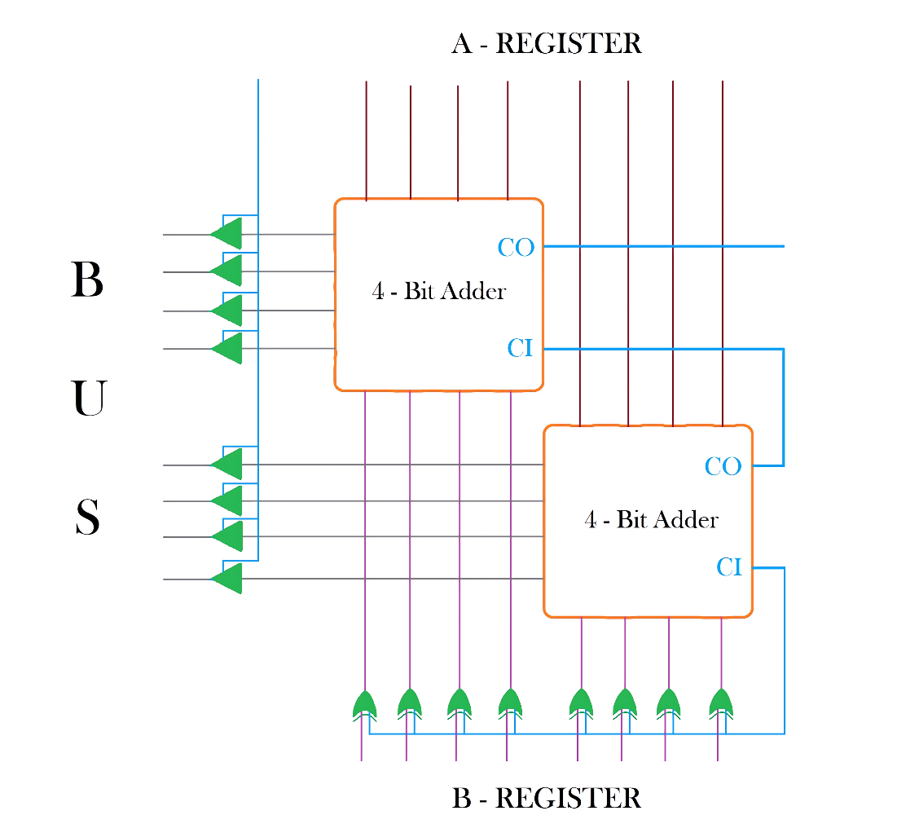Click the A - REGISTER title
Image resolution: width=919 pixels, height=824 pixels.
click(x=547, y=43)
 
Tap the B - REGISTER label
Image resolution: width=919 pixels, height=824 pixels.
click(x=546, y=798)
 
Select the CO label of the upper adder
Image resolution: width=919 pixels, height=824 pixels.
click(x=516, y=247)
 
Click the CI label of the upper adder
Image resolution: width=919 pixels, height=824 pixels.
click(x=520, y=349)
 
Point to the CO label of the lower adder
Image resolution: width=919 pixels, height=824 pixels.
click(x=723, y=467)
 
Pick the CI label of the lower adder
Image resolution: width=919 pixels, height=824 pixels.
click(x=729, y=567)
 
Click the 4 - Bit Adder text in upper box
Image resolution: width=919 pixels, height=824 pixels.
click(x=439, y=292)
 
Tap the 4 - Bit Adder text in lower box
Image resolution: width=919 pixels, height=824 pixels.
click(x=652, y=519)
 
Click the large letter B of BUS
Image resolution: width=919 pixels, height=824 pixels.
click(x=87, y=280)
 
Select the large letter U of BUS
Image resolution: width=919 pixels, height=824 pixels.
click(x=88, y=399)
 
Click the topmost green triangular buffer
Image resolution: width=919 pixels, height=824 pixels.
click(x=227, y=234)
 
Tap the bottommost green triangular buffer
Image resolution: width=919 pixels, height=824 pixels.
click(x=227, y=579)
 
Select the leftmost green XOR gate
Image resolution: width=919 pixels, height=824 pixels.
click(x=364, y=703)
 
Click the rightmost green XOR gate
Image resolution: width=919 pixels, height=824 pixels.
click(x=721, y=703)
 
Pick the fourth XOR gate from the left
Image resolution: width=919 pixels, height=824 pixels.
click(x=509, y=703)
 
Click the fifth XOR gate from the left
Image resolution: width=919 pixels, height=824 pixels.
click(x=580, y=703)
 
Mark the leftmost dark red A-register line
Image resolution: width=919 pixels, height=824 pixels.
click(x=367, y=139)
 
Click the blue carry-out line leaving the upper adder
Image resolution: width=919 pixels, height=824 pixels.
click(x=664, y=246)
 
